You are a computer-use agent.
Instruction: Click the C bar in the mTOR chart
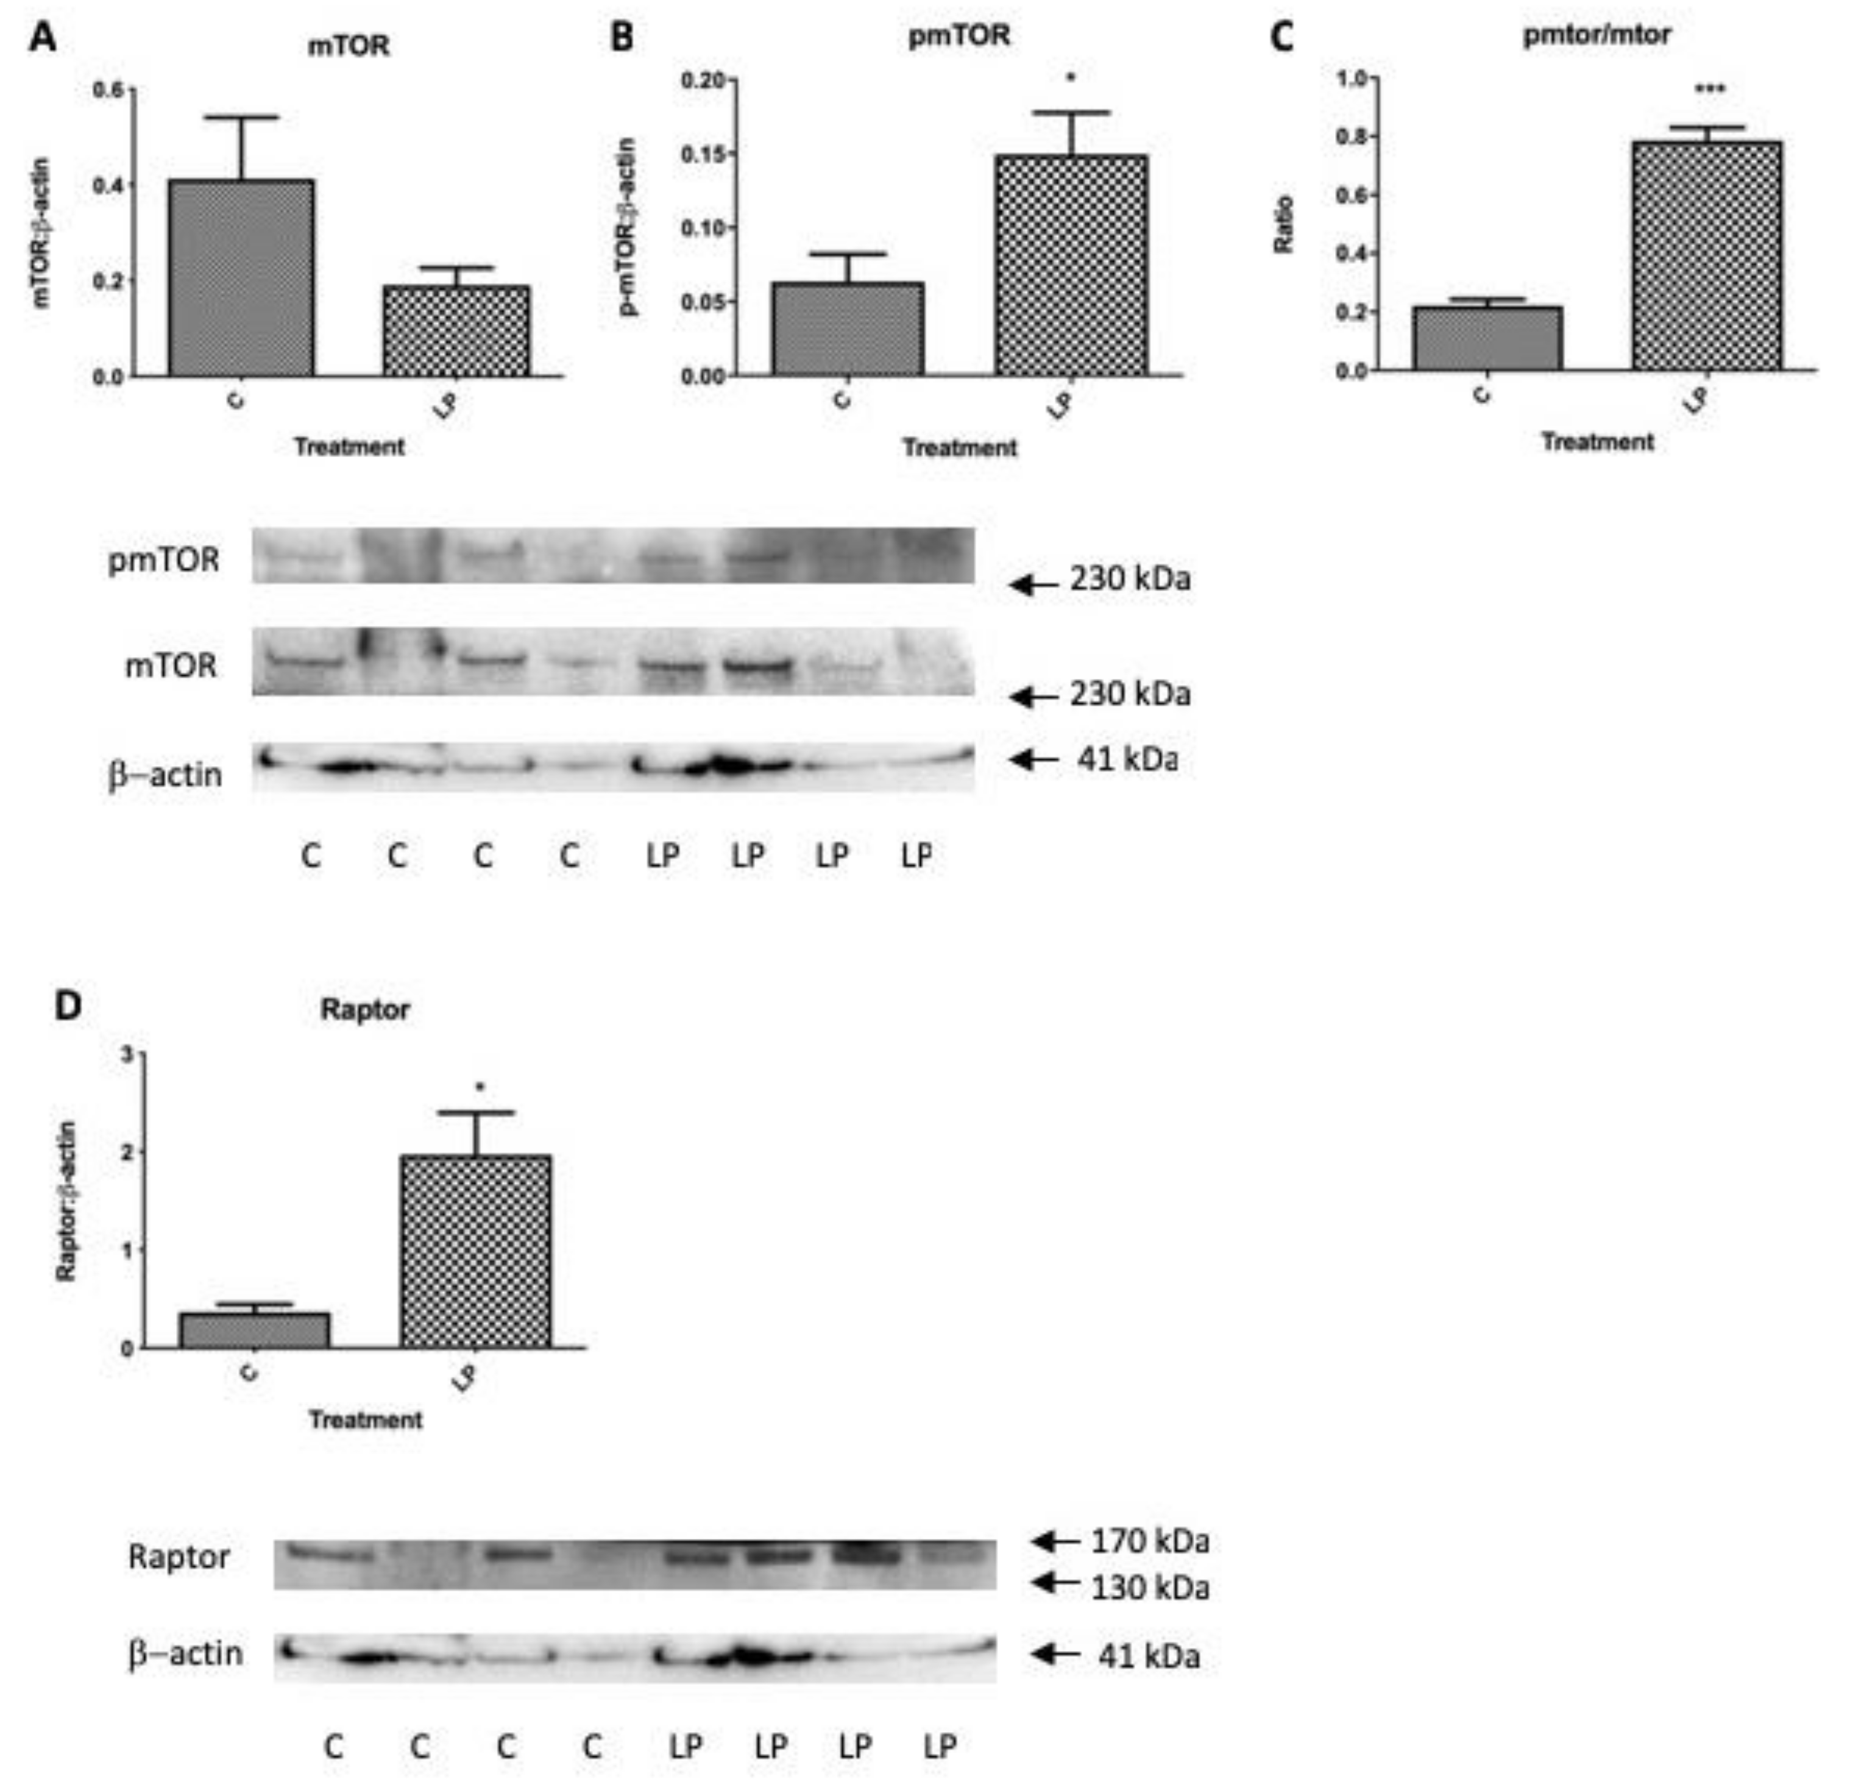point(242,279)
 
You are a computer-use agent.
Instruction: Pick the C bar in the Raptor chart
point(254,1330)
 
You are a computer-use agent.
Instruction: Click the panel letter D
point(68,1006)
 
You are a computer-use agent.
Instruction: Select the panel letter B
point(622,38)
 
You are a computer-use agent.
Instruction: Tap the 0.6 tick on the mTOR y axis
point(108,90)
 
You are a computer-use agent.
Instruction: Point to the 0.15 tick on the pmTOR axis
point(703,153)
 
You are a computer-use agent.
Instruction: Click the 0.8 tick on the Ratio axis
point(1353,137)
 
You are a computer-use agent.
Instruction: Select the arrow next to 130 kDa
point(1055,1582)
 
